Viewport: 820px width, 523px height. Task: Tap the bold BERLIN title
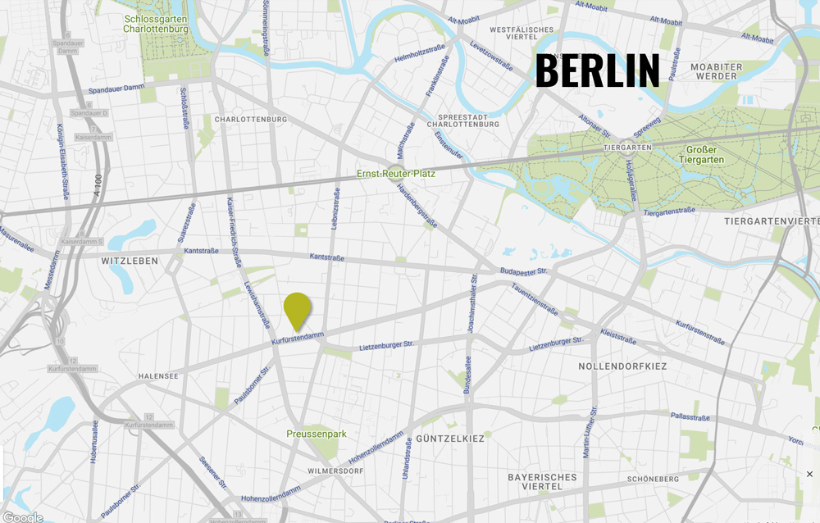click(598, 71)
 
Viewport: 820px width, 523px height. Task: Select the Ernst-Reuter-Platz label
click(396, 174)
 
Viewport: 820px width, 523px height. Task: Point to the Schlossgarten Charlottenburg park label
click(155, 23)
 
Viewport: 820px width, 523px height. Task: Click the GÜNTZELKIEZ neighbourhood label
click(450, 439)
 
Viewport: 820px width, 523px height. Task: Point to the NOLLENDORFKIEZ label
click(622, 366)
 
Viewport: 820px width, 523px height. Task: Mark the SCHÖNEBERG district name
click(653, 479)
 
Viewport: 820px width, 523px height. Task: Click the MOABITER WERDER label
click(716, 71)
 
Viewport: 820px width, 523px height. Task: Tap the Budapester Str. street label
click(523, 270)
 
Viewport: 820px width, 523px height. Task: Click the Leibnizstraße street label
click(335, 208)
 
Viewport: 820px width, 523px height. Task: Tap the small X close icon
click(809, 474)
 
